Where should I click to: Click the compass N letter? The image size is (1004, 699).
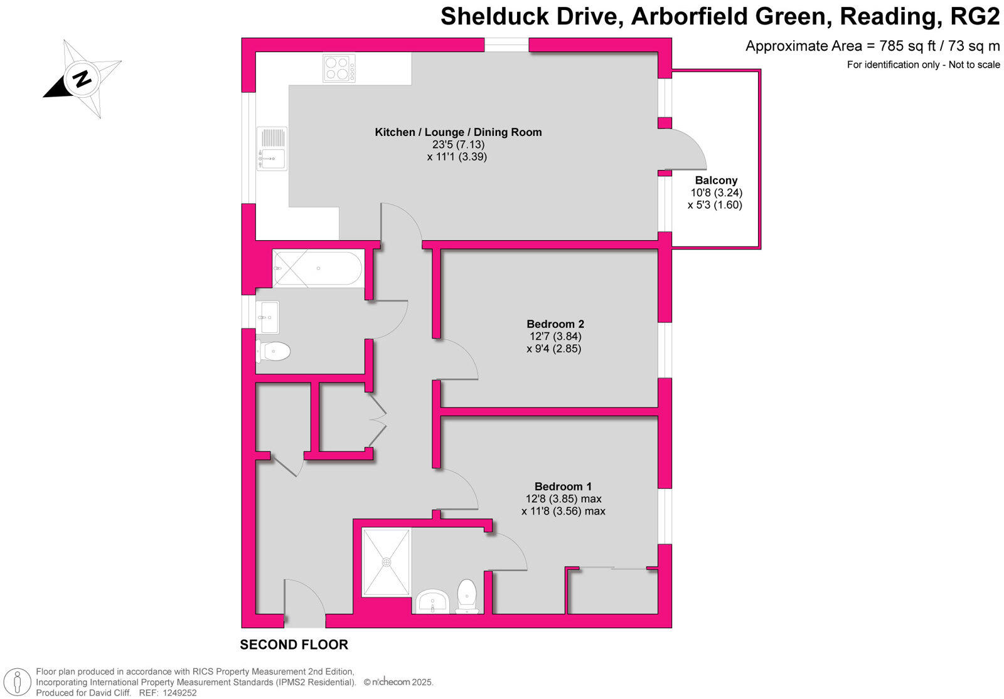(82, 79)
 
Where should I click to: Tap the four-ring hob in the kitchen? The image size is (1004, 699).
(339, 68)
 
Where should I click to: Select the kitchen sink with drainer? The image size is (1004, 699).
(272, 149)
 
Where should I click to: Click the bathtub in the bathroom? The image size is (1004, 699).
(318, 268)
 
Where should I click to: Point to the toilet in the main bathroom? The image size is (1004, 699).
(274, 351)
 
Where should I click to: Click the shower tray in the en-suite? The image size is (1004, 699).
(387, 562)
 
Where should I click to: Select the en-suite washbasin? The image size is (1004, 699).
(432, 602)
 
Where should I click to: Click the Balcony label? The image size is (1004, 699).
(716, 181)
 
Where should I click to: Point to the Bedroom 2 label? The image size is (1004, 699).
(555, 324)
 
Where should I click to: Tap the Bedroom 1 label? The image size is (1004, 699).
(563, 486)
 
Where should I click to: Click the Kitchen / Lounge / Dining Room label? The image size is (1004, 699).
(458, 132)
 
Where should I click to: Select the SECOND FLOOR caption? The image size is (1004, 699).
(294, 644)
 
